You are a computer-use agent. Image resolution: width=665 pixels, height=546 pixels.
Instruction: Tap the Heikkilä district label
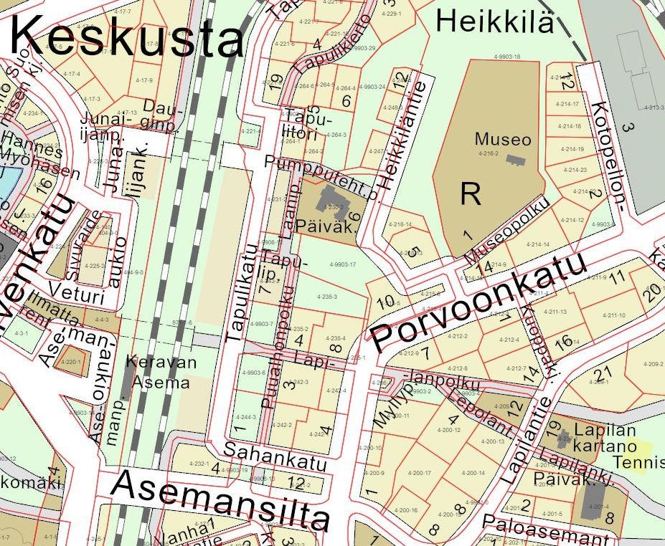coord(495,21)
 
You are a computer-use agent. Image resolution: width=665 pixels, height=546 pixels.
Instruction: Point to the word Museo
coord(503,138)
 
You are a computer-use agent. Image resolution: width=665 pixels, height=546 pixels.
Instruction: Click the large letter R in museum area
coord(470,193)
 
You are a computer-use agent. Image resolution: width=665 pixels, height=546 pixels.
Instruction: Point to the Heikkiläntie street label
coord(402,135)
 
